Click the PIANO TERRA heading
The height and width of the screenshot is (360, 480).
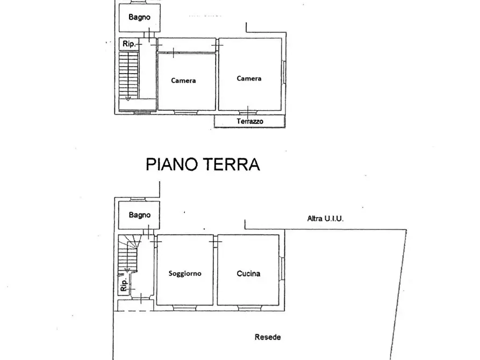[x=203, y=164]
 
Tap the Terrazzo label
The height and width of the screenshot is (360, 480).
[x=250, y=122]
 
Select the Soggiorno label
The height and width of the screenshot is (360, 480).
[x=185, y=273]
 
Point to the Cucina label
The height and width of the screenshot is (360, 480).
[x=248, y=273]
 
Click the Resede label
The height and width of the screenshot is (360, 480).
[x=267, y=337]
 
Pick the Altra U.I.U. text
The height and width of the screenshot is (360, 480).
[x=325, y=218]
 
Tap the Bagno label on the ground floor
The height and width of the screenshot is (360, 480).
[x=139, y=215]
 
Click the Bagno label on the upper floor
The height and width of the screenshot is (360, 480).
[x=139, y=17]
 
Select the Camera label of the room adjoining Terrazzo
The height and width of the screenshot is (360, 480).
[x=249, y=78]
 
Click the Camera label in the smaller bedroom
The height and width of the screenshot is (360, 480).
[x=183, y=81]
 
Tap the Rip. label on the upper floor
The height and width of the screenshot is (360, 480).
[x=128, y=44]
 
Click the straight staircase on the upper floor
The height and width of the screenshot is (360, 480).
[x=128, y=75]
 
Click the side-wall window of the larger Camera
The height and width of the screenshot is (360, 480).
[x=283, y=73]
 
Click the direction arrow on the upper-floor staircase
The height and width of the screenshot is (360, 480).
[x=127, y=98]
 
